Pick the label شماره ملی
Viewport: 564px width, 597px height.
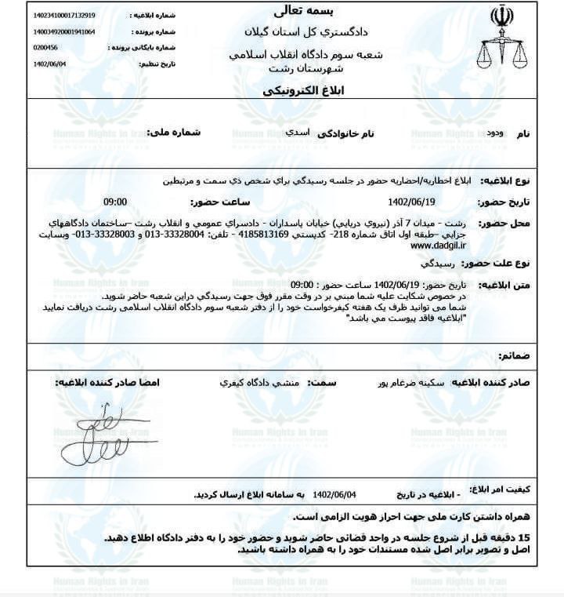coord(179,133)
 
